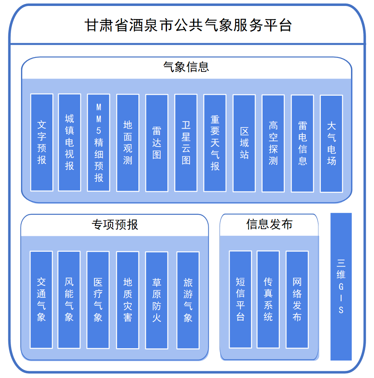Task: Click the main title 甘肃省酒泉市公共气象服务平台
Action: [187, 25]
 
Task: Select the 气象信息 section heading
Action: [186, 67]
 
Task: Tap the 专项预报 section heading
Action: [115, 225]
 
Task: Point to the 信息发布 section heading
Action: [269, 224]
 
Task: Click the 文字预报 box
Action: [42, 143]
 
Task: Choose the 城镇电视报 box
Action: [69, 143]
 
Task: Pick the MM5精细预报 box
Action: [99, 143]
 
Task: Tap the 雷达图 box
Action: [157, 143]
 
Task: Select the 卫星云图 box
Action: [186, 143]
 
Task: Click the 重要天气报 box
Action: [215, 143]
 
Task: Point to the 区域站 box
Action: [244, 143]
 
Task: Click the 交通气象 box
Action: [41, 300]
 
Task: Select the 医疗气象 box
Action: [98, 300]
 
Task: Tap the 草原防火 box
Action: [157, 300]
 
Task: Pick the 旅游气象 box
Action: [188, 300]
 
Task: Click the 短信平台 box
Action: [240, 299]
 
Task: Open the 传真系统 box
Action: [268, 299]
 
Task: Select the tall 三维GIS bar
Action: [341, 286]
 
